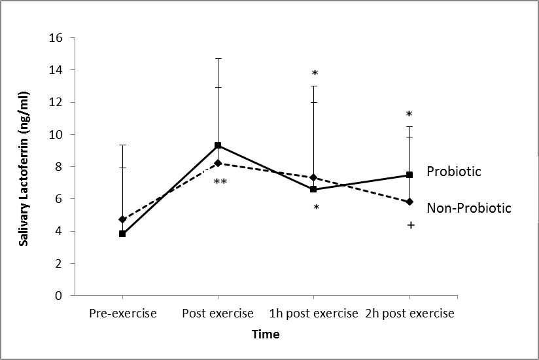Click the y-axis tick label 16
tap(56, 38)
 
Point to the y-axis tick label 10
tap(56, 135)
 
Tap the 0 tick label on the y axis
tap(58, 296)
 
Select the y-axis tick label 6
tap(58, 199)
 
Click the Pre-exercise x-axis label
tap(123, 314)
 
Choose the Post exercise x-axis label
tap(218, 314)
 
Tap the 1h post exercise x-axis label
tap(314, 314)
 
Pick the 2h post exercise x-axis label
tap(409, 314)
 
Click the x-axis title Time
tap(266, 334)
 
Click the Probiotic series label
tap(454, 171)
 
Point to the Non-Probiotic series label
tap(468, 208)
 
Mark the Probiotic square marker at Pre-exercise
tap(122, 234)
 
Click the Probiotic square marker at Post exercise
tap(218, 145)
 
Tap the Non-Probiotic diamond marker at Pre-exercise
tap(122, 219)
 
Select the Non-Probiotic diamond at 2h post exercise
tap(409, 202)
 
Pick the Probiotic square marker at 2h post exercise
tap(409, 175)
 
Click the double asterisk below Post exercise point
tap(220, 182)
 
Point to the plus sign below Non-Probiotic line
tap(411, 225)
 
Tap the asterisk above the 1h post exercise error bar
tap(315, 73)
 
